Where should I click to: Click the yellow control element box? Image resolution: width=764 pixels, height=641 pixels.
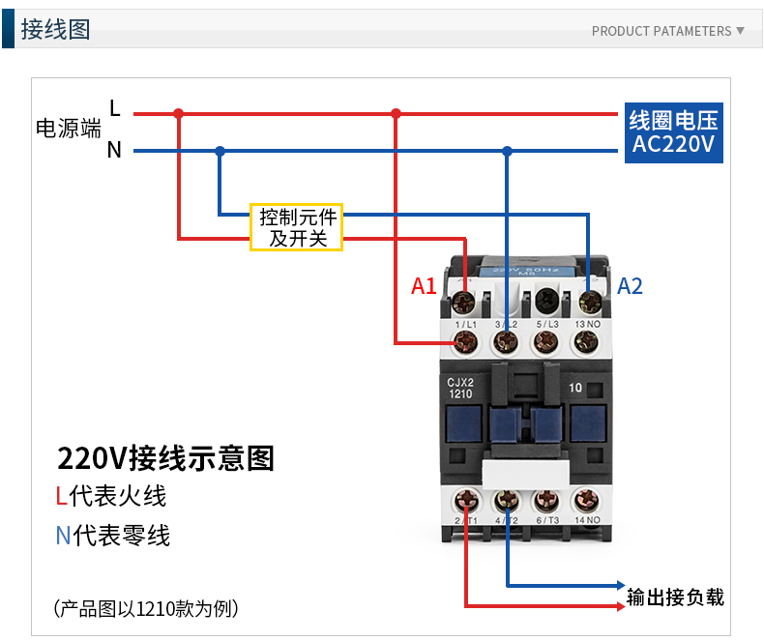[x=297, y=227]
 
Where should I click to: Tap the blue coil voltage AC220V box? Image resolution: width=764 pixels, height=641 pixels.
[x=673, y=133]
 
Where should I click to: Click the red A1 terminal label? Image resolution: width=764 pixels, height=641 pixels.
[x=424, y=286]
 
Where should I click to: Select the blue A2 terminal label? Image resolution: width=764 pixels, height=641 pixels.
[x=630, y=286]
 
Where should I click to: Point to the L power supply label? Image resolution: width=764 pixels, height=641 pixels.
[x=115, y=108]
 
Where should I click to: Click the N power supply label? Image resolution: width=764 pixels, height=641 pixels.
[x=114, y=151]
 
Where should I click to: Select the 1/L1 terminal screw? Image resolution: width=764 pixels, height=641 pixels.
[x=465, y=341]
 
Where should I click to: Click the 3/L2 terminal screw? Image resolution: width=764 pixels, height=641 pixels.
[x=506, y=341]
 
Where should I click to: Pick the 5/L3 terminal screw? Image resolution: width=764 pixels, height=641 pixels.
[x=546, y=341]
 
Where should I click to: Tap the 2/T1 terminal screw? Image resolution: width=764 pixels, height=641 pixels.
[x=466, y=501]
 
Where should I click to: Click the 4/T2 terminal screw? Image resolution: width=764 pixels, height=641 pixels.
[x=506, y=501]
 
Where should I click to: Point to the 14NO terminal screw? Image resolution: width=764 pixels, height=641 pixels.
[x=586, y=501]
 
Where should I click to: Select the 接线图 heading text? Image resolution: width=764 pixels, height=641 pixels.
[x=55, y=29]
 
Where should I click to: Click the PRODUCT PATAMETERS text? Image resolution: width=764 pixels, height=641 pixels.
[x=661, y=31]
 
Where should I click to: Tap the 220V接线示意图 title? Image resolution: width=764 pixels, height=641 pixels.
[x=165, y=457]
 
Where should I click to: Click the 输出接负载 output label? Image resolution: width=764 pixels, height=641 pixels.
[x=675, y=597]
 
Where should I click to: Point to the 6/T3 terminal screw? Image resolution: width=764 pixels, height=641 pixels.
[x=546, y=501]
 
